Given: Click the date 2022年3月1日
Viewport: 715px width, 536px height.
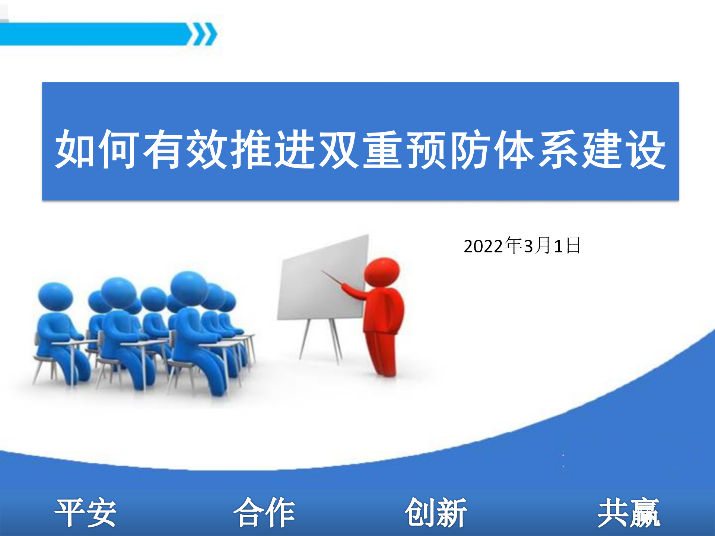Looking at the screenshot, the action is (522, 246).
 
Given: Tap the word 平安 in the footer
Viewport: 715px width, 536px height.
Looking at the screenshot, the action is (86, 513).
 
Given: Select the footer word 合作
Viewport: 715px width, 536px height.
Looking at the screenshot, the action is (264, 513).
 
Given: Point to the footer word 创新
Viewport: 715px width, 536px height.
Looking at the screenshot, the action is (436, 513).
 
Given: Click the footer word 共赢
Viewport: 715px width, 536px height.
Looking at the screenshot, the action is (629, 513).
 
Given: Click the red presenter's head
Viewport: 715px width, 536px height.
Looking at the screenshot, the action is (382, 272).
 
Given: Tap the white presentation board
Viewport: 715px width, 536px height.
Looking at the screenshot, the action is (322, 277).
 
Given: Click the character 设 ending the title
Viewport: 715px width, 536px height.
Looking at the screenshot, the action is (644, 149).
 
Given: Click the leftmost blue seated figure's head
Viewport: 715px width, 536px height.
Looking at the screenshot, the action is (55, 296).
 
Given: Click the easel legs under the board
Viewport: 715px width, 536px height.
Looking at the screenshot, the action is (320, 341).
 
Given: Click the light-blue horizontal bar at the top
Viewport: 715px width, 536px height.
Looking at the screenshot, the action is (95, 34).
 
